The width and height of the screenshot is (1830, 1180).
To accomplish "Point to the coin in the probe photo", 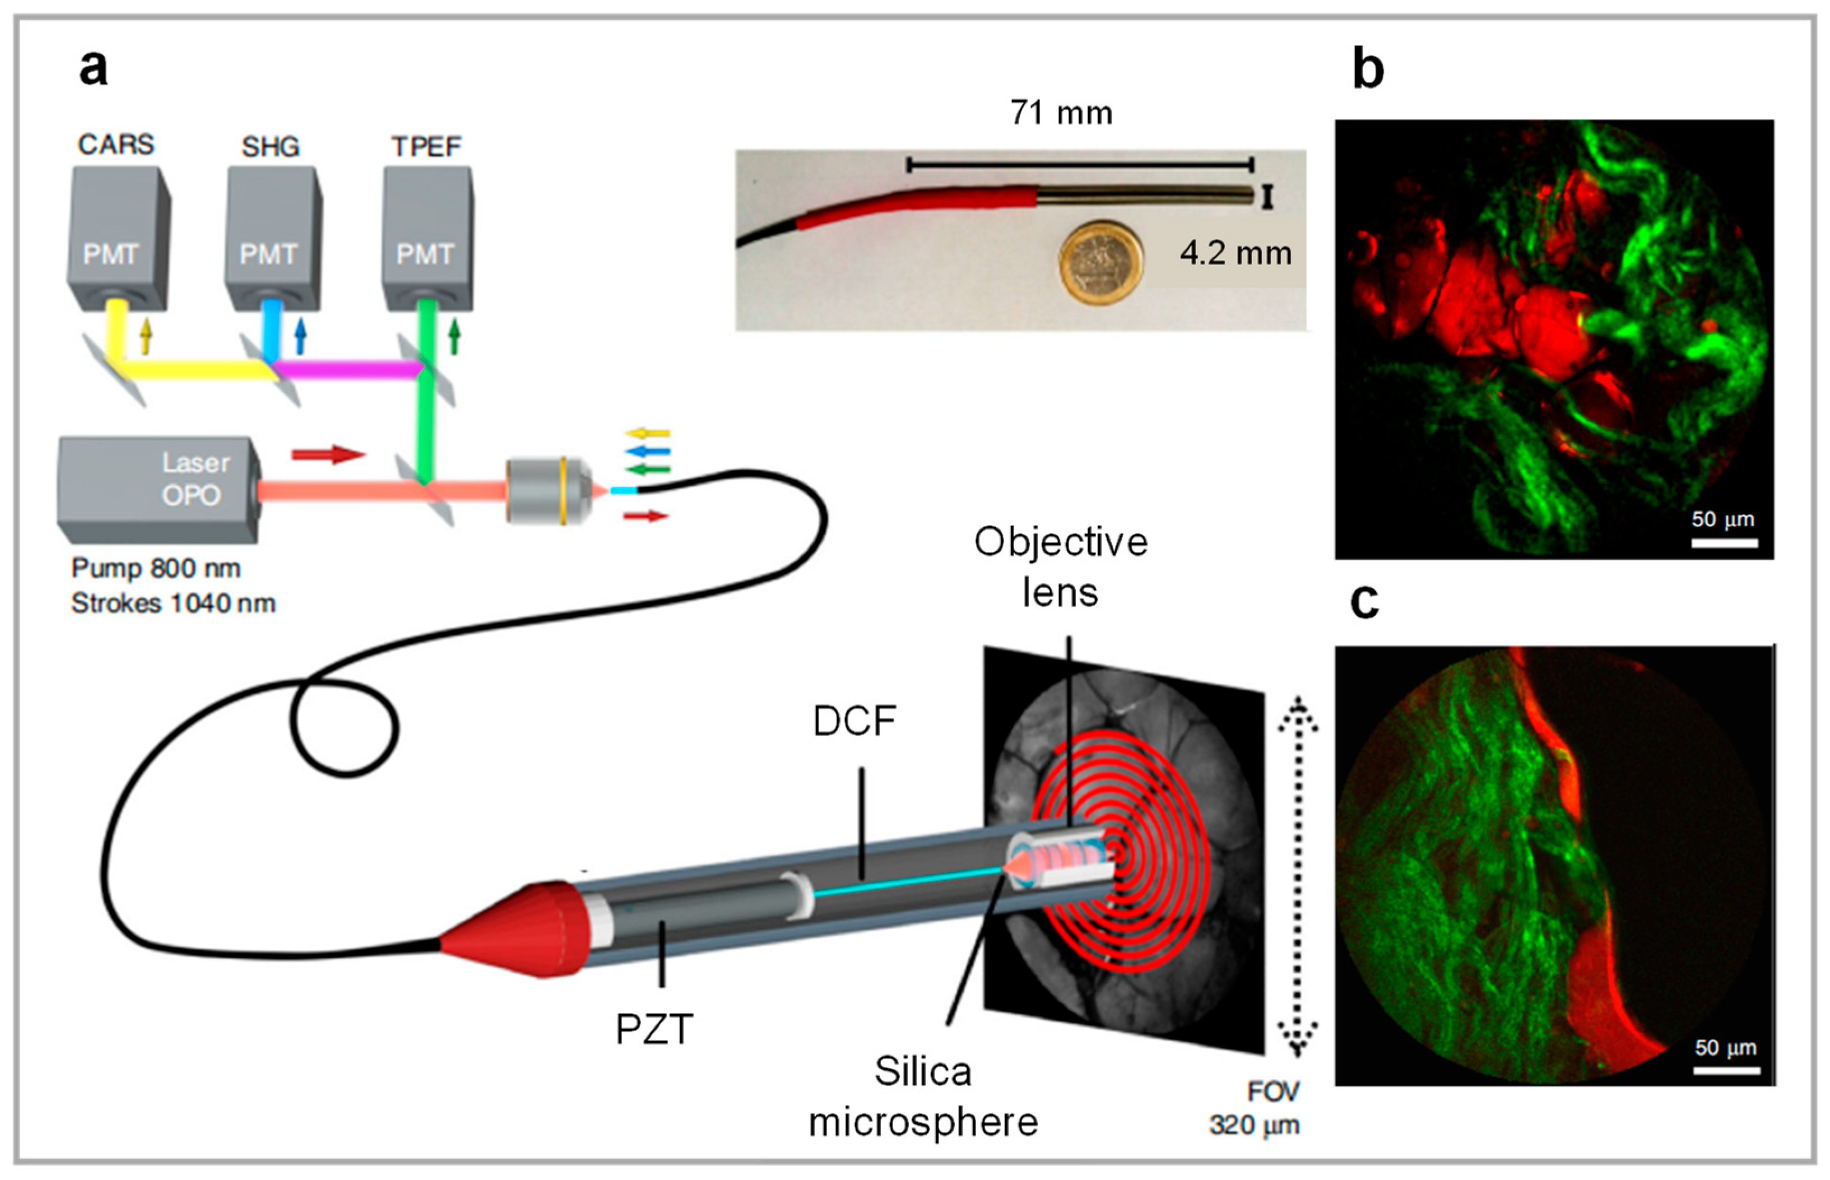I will click(x=1102, y=262).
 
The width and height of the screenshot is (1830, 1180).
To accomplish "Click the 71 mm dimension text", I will click(x=1060, y=113).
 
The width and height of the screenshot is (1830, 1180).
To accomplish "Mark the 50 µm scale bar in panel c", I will click(x=1726, y=1070).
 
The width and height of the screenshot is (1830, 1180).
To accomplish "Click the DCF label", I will click(x=854, y=721).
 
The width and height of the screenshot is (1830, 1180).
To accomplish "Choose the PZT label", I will click(x=654, y=1029).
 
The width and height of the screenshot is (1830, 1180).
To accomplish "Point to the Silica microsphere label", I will click(x=923, y=1097).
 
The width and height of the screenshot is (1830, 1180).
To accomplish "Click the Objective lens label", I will click(x=1060, y=567).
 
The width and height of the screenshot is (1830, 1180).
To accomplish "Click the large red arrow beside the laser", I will click(x=328, y=454).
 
